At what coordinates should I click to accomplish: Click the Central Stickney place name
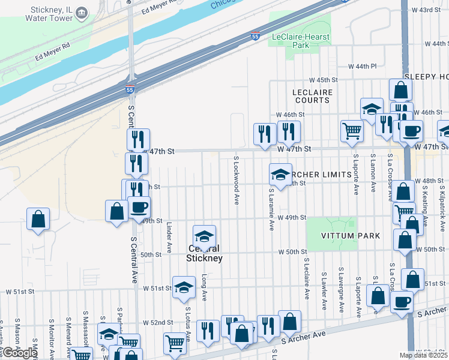(x=204, y=253)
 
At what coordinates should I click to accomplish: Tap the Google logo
(x=20, y=353)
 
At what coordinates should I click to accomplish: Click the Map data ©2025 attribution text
(x=423, y=355)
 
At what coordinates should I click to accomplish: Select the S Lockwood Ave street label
(x=237, y=181)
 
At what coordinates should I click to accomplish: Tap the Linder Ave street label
(x=169, y=238)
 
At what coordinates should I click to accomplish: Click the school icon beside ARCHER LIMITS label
(x=280, y=175)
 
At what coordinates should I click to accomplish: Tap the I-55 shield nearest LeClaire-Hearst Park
(x=255, y=37)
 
